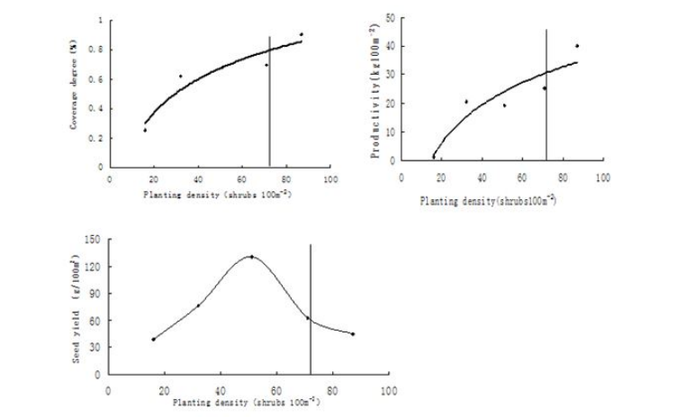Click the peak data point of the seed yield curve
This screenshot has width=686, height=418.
(251, 257)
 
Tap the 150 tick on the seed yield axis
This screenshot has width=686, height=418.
(93, 239)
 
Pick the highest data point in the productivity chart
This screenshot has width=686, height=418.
(576, 46)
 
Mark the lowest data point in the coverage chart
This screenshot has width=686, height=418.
(145, 130)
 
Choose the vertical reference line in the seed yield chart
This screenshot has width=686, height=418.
(311, 306)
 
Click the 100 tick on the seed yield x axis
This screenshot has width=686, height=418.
(389, 391)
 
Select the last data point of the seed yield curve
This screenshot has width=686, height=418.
(353, 334)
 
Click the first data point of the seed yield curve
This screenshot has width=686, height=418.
(153, 340)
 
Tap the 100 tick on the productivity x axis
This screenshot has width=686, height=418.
(601, 178)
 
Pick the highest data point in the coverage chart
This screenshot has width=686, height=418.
(301, 34)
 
